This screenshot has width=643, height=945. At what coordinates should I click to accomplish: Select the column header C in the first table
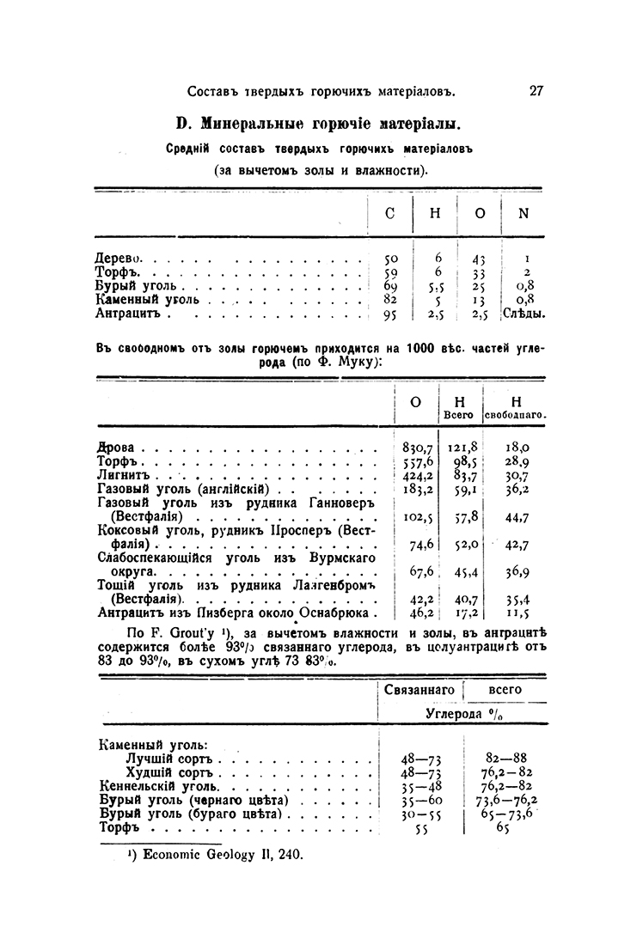click(390, 214)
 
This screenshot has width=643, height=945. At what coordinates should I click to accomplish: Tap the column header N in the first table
click(523, 214)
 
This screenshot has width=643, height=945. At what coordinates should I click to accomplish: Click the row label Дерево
click(119, 257)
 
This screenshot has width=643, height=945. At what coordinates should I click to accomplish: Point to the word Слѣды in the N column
click(524, 314)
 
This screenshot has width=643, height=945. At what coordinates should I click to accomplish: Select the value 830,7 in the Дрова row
click(416, 447)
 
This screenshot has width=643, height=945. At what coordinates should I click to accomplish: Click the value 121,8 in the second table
click(462, 447)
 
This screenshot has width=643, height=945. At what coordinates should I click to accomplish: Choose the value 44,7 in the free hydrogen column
click(517, 517)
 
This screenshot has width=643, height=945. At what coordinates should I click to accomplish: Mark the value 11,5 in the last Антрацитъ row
click(517, 613)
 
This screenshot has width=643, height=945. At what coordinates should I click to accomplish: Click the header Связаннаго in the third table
click(419, 689)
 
